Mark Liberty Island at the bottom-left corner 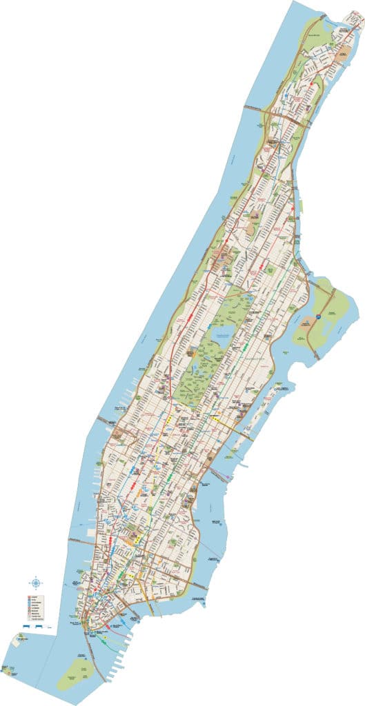pyautogui.click(x=8, y=668)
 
